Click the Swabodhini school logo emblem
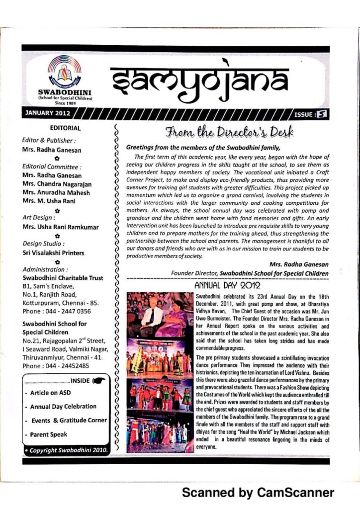coord(65,73)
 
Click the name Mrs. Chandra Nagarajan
coord(57,184)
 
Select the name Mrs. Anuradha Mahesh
coord(56,192)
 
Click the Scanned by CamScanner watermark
coord(258,493)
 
